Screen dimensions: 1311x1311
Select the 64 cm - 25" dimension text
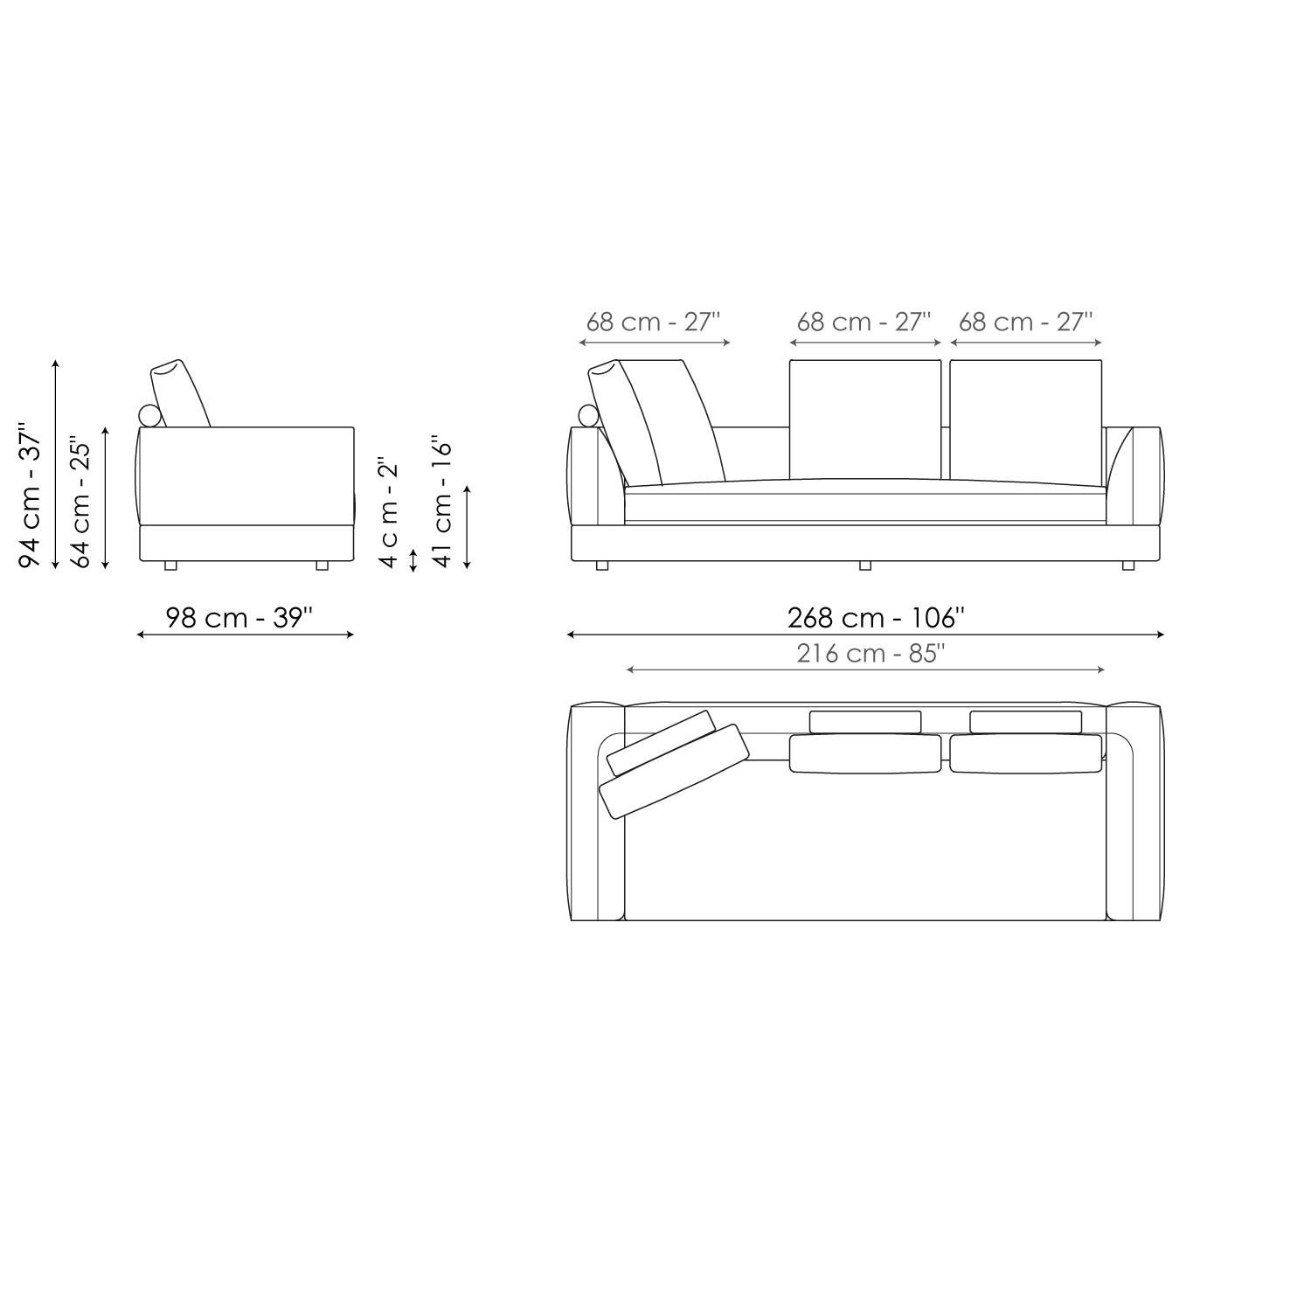pyautogui.click(x=81, y=502)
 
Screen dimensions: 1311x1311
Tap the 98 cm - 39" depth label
pyautogui.click(x=239, y=618)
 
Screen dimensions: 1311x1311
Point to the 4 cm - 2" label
pyautogui.click(x=389, y=511)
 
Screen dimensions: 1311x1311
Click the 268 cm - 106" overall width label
pyautogui.click(x=876, y=618)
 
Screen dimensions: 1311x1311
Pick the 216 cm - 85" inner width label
pyautogui.click(x=871, y=654)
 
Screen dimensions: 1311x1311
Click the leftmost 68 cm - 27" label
pyautogui.click(x=653, y=322)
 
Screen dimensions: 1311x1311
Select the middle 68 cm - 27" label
pyautogui.click(x=864, y=322)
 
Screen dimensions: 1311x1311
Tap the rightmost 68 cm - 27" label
pyautogui.click(x=1025, y=322)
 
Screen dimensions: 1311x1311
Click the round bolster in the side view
pyautogui.click(x=150, y=416)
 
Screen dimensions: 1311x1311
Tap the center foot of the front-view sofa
pyautogui.click(x=865, y=565)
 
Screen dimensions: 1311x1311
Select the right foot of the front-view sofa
pyautogui.click(x=1127, y=565)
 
